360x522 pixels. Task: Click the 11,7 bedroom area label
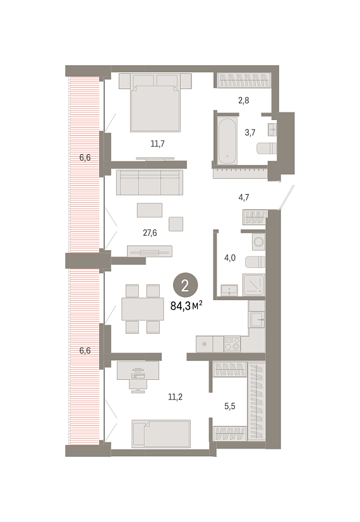coord(157,144)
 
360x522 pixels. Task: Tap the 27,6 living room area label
coord(150,233)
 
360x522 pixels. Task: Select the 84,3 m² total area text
coord(186,306)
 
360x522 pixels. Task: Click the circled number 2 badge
coord(185,285)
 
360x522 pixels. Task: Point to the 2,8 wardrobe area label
coord(244,100)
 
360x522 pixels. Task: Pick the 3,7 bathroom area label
coord(250,133)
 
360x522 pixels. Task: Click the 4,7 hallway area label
coord(244,197)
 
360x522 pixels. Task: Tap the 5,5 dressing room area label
coord(229,406)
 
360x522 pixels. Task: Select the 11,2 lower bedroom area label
coord(175,397)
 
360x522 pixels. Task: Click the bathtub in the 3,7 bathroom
coord(227,141)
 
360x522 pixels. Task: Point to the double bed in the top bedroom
coord(155,102)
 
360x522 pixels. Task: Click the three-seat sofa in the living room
coord(150,183)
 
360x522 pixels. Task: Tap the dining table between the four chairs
coord(142,309)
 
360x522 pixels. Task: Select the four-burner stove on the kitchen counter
coord(232,344)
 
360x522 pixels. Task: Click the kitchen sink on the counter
coord(256,319)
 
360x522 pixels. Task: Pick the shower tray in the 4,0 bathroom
coord(254,284)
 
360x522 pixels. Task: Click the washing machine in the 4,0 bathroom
coord(258,241)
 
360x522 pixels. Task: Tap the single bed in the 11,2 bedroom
coord(161,434)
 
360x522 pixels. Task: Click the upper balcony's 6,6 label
coord(85,157)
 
